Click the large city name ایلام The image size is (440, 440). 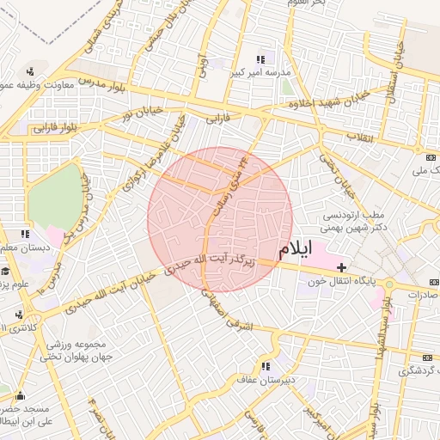pos(296,250)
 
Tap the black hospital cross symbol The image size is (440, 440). pos(342,269)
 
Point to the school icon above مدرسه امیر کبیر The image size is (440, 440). pos(261,58)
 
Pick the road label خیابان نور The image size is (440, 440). pos(141,112)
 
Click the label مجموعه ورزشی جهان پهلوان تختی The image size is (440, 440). pos(81,350)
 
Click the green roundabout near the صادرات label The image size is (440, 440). pos(389,284)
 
